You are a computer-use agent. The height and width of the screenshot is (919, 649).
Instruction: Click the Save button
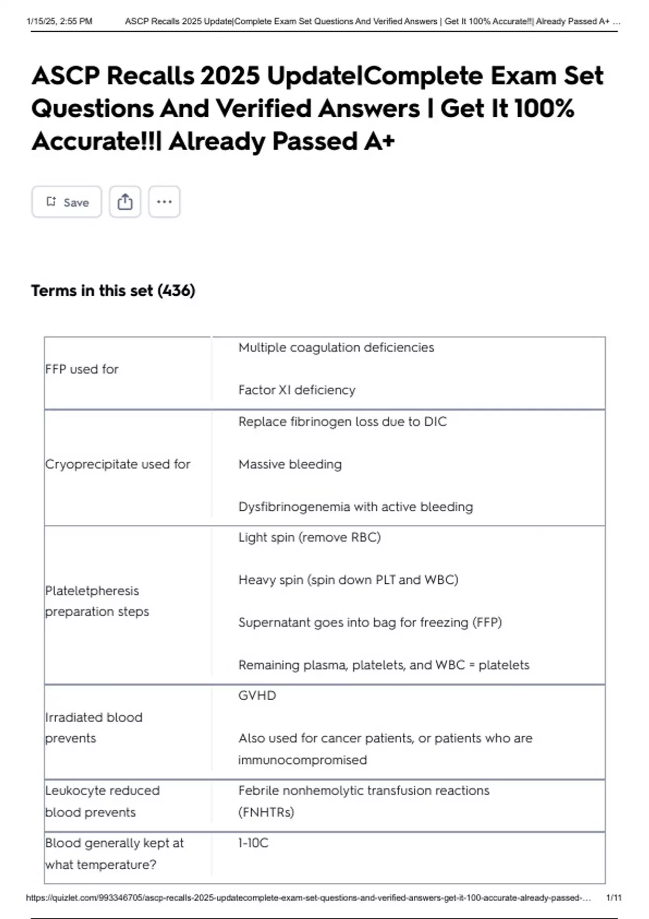pos(67,202)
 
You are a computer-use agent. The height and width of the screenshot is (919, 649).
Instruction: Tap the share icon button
pos(125,202)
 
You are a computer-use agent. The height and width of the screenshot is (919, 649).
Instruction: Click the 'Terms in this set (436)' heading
pos(113,291)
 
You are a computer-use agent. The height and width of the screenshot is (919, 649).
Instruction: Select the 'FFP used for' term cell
pos(82,369)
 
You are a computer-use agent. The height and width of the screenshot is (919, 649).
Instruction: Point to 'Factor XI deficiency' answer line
pos(297,390)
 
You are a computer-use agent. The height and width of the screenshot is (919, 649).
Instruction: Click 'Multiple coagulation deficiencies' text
pos(336,348)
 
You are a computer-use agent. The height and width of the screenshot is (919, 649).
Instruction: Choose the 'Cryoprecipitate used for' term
pos(118,464)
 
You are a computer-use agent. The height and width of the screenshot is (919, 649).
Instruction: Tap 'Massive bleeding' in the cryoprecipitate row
pos(290,464)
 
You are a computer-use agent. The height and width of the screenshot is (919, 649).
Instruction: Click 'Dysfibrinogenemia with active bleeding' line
pos(355,507)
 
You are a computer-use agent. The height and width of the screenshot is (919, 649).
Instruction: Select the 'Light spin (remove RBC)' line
pos(309,537)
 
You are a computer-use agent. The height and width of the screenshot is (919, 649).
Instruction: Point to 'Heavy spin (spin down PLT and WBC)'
pos(348,580)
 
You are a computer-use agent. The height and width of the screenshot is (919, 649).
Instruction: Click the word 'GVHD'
pos(257,696)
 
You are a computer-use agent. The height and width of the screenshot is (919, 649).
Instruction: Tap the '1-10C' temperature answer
pos(253,843)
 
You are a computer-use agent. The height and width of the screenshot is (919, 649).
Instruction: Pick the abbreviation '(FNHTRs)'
pos(266,813)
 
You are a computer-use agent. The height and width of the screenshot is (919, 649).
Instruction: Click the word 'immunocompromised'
pos(302,760)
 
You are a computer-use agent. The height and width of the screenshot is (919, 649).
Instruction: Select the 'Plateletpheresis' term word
pos(92,591)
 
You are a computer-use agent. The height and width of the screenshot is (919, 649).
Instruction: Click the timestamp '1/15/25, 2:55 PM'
pos(59,22)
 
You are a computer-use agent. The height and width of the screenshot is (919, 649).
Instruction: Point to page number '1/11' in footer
pos(614,898)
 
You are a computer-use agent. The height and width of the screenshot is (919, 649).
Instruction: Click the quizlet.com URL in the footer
pos(308,898)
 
